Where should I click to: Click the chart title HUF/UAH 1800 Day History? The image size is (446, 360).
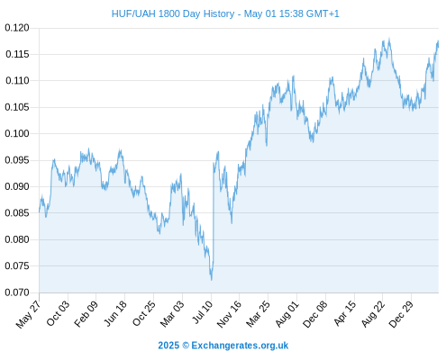(173, 13)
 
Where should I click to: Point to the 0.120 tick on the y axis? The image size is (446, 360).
(17, 28)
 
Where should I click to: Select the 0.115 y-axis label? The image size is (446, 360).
(17, 54)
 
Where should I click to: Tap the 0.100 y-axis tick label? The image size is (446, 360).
(17, 133)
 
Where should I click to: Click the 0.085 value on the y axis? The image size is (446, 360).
(17, 213)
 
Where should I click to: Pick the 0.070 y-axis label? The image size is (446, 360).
(17, 292)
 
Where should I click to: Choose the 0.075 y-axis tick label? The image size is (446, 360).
(17, 265)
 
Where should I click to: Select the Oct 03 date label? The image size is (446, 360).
(58, 313)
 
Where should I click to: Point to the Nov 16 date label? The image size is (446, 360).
(229, 314)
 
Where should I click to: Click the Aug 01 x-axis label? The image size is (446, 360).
(287, 314)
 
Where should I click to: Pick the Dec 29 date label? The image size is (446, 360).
(401, 314)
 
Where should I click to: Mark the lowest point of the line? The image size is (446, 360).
(212, 280)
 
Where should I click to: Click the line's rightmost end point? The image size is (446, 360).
(438, 44)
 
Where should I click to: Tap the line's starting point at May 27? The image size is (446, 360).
(39, 211)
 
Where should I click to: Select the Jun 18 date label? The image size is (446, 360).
(114, 313)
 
